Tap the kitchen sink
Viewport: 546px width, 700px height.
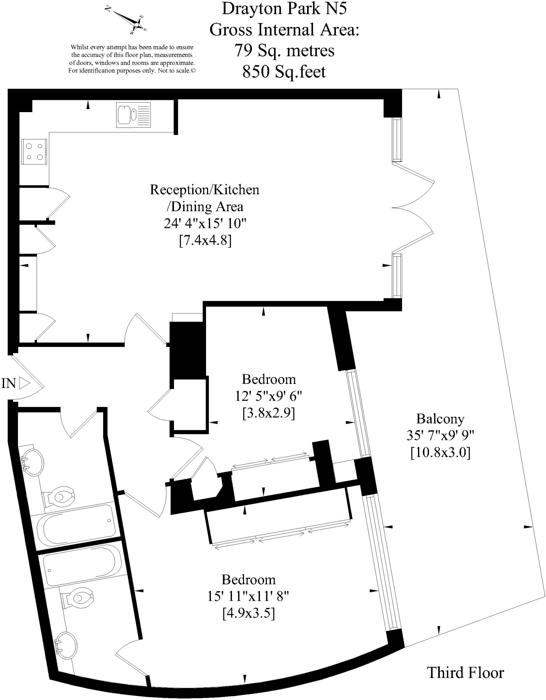pyautogui.click(x=133, y=115)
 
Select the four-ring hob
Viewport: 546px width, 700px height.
pyautogui.click(x=35, y=151)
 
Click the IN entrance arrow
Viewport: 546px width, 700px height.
pyautogui.click(x=24, y=383)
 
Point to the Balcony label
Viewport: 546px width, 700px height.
pyautogui.click(x=440, y=419)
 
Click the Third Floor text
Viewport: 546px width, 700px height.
pyautogui.click(x=465, y=673)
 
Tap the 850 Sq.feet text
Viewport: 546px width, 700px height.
pyautogui.click(x=284, y=72)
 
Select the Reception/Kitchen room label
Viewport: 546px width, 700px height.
pyautogui.click(x=204, y=190)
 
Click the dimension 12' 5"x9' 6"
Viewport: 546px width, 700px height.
pyautogui.click(x=269, y=396)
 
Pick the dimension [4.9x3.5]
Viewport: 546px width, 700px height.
pyautogui.click(x=249, y=614)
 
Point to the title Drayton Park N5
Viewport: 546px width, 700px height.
pyautogui.click(x=284, y=9)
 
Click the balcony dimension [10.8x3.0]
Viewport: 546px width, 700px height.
pyautogui.click(x=440, y=453)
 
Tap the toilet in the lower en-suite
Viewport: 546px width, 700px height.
pyautogui.click(x=79, y=598)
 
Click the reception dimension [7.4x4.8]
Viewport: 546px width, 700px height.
pyautogui.click(x=205, y=241)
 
